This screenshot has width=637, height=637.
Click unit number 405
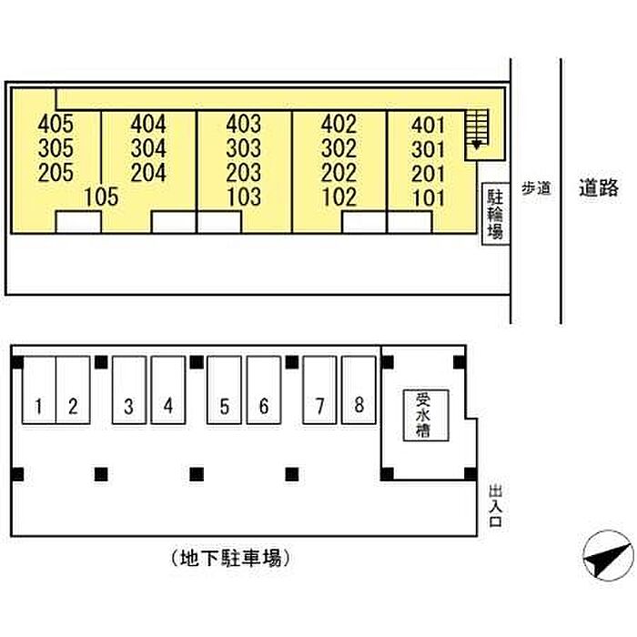tap(56, 124)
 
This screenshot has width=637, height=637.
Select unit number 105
tap(102, 197)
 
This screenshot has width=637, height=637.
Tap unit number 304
tap(148, 147)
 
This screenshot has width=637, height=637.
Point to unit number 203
tap(244, 172)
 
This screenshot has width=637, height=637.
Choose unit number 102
tap(339, 197)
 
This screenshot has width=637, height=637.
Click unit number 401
tap(429, 126)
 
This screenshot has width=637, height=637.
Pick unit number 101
tap(429, 198)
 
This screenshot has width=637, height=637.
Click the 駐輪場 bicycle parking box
tap(495, 214)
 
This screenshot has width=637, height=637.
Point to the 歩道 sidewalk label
tap(536, 188)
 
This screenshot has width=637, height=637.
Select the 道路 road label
tap(599, 187)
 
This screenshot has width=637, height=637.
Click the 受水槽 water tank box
tap(426, 415)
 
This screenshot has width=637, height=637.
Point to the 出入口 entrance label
tap(496, 506)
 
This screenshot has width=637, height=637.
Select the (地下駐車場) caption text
tap(230, 558)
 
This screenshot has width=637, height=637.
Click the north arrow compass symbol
tap(608, 556)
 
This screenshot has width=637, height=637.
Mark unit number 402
tap(339, 124)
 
